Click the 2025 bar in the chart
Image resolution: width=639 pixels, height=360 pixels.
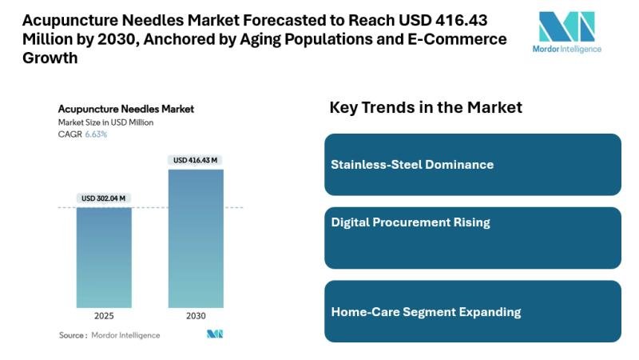[104, 258]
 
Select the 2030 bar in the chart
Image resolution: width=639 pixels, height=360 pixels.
[196, 238]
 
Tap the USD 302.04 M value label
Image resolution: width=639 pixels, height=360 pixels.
[104, 198]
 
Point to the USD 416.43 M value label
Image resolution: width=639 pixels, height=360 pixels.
[195, 160]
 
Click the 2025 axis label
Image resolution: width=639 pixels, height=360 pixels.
[104, 316]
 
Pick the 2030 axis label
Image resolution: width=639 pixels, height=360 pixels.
[196, 316]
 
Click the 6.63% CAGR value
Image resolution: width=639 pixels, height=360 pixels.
[96, 134]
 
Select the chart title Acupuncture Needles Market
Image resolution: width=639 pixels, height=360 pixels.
[126, 109]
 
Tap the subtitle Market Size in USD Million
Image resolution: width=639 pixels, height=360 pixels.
[105, 122]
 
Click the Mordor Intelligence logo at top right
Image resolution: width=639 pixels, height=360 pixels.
[567, 32]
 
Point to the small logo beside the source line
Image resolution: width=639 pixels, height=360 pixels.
[215, 334]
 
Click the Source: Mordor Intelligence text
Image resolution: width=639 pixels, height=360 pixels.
[109, 335]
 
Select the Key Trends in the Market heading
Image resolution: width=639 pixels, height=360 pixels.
[426, 107]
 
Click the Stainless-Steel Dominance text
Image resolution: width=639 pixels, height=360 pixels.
[412, 165]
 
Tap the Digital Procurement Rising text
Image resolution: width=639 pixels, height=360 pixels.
[411, 222]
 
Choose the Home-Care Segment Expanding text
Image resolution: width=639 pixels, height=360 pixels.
[426, 312]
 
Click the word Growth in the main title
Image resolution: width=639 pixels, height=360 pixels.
[50, 58]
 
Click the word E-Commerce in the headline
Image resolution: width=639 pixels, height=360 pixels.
[457, 39]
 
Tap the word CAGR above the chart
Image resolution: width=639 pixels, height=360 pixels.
[69, 134]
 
